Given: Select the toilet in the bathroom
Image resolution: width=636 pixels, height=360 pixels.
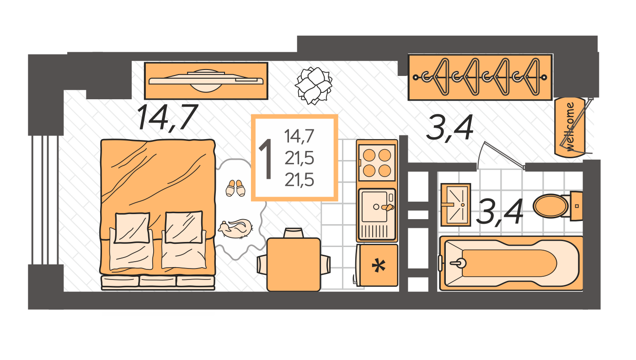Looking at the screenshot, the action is tap(551, 206).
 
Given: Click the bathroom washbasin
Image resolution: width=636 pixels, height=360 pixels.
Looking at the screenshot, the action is tap(455, 204).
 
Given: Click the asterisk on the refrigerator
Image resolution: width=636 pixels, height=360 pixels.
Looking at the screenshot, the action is tap(378, 266).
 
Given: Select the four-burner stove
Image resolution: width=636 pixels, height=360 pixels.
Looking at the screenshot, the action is tap(377, 163).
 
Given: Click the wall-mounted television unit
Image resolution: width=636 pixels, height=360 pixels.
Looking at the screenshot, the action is tap(206, 80).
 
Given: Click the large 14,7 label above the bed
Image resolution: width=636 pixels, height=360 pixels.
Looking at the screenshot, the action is tap(167, 117).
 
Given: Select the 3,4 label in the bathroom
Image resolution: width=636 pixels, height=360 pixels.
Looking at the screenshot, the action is tap(499, 212).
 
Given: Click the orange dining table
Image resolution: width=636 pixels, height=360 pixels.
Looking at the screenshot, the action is tap(294, 264).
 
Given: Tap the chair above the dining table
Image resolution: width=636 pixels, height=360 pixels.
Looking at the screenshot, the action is tap(293, 233).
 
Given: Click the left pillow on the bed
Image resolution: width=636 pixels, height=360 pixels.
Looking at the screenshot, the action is tap(132, 227).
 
